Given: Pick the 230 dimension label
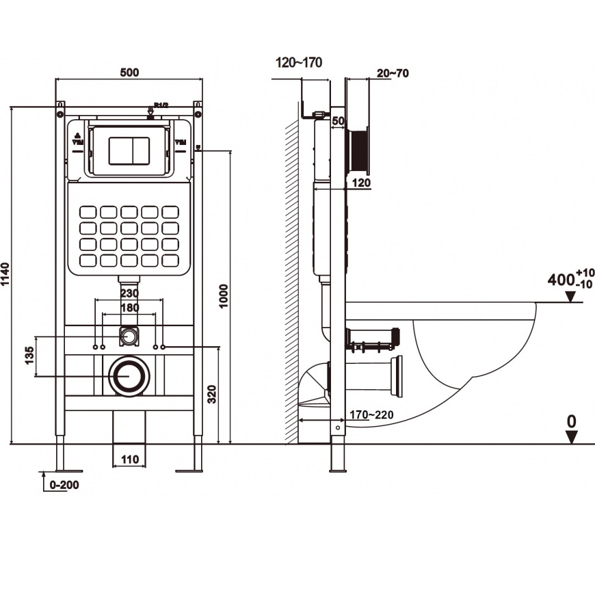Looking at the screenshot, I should [129, 293].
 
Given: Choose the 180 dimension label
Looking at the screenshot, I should [129, 308].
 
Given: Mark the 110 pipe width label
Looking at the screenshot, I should [129, 459].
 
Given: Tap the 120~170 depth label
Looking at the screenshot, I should [298, 63].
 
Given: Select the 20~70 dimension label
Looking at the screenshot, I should [392, 73].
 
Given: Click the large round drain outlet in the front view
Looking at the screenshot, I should [127, 376].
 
